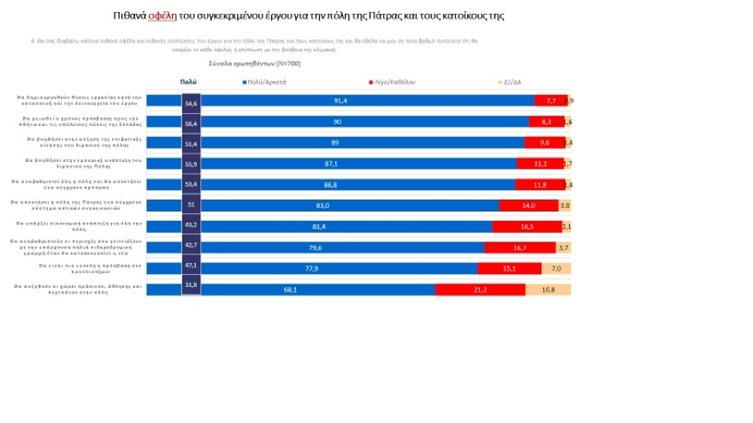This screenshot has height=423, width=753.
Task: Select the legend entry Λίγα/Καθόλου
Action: click(x=394, y=81)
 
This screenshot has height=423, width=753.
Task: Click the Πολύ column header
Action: click(x=188, y=81)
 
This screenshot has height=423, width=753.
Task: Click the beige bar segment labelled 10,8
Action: click(x=548, y=289)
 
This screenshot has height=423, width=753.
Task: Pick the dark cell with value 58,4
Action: click(x=191, y=122)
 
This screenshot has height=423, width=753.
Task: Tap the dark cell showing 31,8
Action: click(x=191, y=285)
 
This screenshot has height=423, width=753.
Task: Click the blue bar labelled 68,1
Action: click(x=317, y=289)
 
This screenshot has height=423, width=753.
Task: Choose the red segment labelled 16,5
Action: click(x=526, y=226)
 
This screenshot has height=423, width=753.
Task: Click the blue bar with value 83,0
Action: click(x=349, y=206)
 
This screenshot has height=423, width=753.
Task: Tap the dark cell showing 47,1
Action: click(x=191, y=266)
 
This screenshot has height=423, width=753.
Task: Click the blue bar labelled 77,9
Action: click(x=339, y=268)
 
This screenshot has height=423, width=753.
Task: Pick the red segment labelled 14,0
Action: click(x=528, y=206)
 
